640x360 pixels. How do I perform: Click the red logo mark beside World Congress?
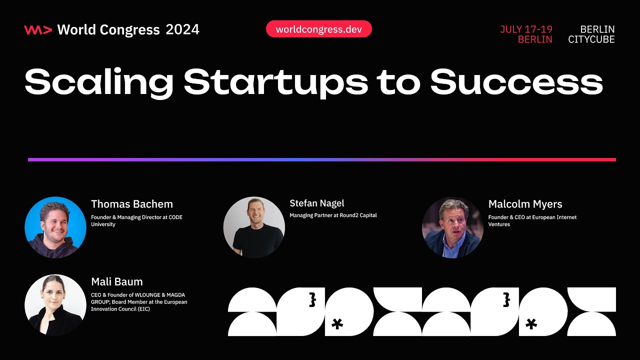click(x=37, y=30)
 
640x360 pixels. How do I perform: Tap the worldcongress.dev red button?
click(x=318, y=29)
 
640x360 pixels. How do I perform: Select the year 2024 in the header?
click(x=182, y=30)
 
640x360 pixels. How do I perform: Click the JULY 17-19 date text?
click(x=526, y=29)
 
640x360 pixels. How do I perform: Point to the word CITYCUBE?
click(x=591, y=39)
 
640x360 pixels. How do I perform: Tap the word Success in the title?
click(x=516, y=82)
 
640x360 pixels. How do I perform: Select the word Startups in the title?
click(x=275, y=83)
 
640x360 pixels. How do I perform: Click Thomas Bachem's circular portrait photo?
click(x=55, y=227)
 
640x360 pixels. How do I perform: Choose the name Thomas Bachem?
click(x=132, y=204)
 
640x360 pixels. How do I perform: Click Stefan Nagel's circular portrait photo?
click(x=254, y=227)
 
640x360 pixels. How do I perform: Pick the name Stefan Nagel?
click(x=317, y=203)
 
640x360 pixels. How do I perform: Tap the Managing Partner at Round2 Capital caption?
click(x=333, y=215)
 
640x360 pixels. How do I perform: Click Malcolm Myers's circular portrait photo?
click(x=452, y=227)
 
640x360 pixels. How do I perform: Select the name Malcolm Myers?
click(x=525, y=204)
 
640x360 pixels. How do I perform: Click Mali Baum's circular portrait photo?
click(x=55, y=305)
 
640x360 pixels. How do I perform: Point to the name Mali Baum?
click(x=117, y=281)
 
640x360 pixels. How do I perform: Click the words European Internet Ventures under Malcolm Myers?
click(x=532, y=221)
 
